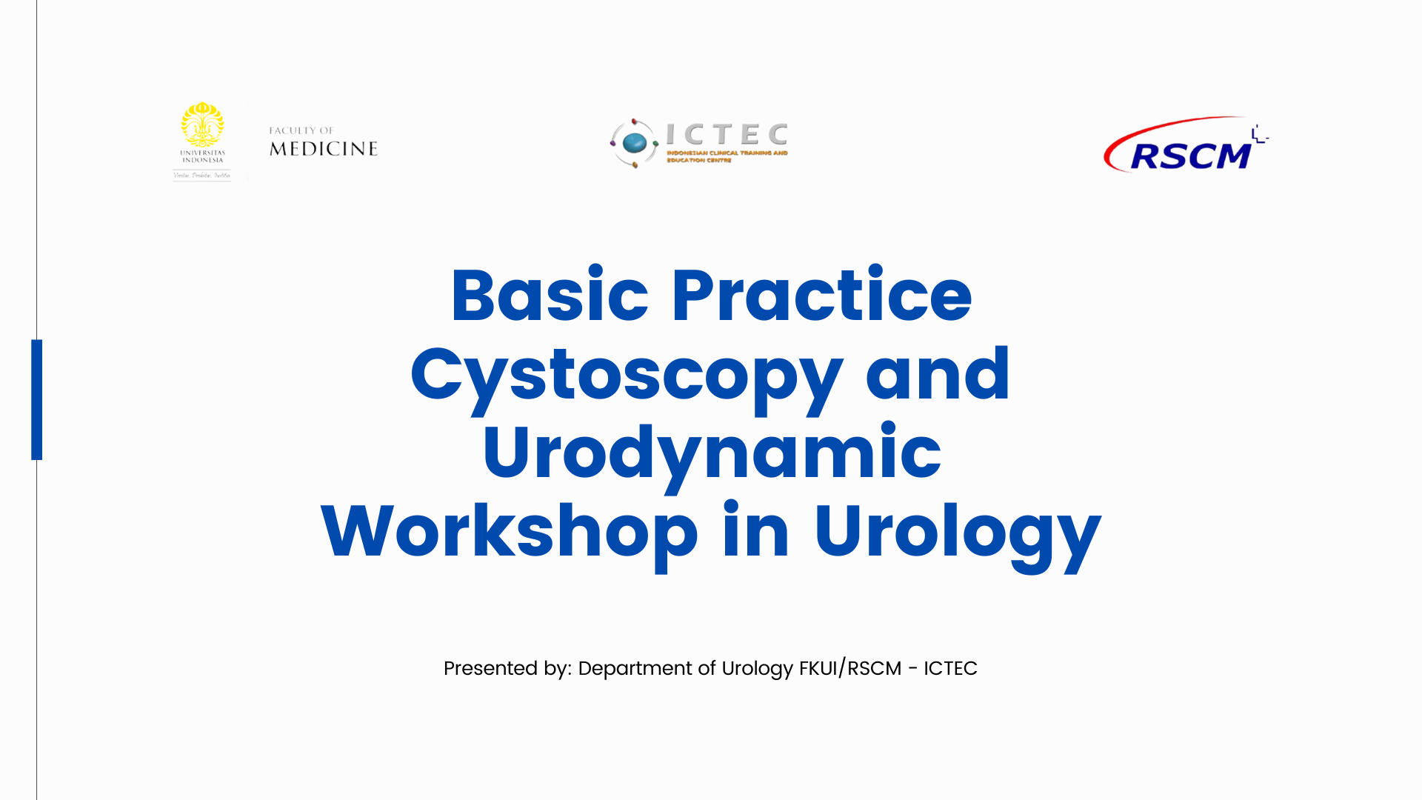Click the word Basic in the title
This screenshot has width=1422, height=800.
pyautogui.click(x=549, y=296)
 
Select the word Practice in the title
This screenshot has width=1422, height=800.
pyautogui.click(x=821, y=296)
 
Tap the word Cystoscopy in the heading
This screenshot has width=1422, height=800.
pyautogui.click(x=627, y=376)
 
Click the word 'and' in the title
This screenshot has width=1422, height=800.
pyautogui.click(x=938, y=375)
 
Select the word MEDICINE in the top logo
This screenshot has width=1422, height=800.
pyautogui.click(x=324, y=149)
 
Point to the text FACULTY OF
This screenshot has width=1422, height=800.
pyautogui.click(x=301, y=130)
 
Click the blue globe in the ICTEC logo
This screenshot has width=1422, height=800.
pyautogui.click(x=635, y=142)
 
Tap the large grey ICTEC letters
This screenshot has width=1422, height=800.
pyautogui.click(x=727, y=135)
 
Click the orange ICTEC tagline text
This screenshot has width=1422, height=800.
pyautogui.click(x=727, y=156)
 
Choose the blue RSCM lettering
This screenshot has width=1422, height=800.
pyautogui.click(x=1190, y=156)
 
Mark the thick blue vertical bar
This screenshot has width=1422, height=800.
pyautogui.click(x=37, y=399)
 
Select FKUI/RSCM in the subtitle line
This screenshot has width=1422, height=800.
pyautogui.click(x=850, y=668)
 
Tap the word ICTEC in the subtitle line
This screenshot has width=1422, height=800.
pyautogui.click(x=950, y=668)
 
